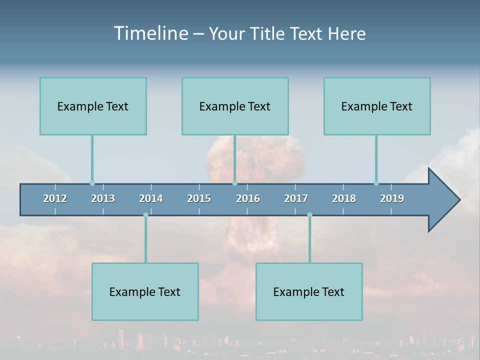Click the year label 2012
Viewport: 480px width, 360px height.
coord(55,198)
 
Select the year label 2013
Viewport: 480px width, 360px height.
coord(103,198)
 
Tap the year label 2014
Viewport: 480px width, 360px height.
coord(151,198)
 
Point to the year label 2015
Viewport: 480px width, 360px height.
coord(199,198)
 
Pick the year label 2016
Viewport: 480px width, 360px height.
coord(248,198)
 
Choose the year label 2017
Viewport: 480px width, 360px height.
coord(296,198)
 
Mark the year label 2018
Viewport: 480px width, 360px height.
coord(344,198)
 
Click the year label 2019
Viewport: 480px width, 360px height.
coord(392,198)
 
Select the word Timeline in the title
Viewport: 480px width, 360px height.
coord(150,33)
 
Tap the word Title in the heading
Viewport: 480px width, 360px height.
coord(268,34)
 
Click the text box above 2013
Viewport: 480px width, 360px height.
coord(93,106)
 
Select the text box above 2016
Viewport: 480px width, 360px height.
coord(235,106)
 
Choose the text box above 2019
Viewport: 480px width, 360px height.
coord(377,106)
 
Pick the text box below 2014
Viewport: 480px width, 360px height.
coord(145,291)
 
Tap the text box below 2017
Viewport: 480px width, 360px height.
coord(309,291)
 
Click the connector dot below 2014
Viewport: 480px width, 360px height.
coord(145,215)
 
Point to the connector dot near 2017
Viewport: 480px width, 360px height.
coord(309,215)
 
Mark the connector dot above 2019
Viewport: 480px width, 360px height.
coord(376,183)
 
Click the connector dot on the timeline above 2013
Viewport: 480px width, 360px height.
coord(92,183)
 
